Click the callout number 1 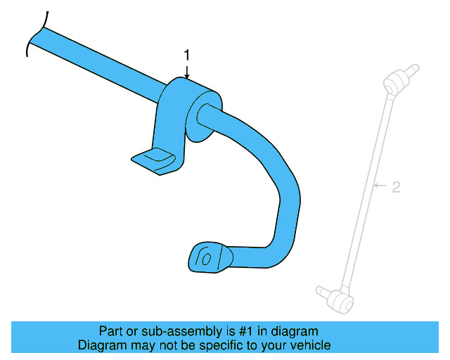[187, 54]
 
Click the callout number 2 [396, 187]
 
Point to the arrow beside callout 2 [380, 186]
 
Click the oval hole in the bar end [206, 259]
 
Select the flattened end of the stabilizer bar [208, 257]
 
